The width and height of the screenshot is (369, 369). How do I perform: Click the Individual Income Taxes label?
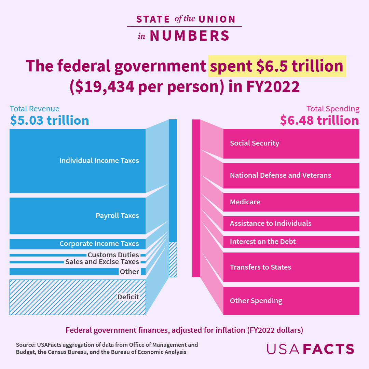(x=99, y=161)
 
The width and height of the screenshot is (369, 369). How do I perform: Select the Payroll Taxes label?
(x=117, y=216)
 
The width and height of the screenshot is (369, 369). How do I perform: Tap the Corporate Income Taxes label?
(x=99, y=244)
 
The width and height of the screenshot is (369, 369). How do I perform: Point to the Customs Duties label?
(x=113, y=255)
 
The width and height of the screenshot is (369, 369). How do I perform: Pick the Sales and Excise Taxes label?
(x=102, y=262)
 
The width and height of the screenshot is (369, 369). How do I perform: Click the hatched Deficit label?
(x=128, y=297)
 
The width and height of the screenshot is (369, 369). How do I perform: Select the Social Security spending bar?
(x=291, y=143)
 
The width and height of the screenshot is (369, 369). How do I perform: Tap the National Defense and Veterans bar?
(x=291, y=176)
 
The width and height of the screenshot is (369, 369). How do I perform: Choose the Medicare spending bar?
(x=291, y=202)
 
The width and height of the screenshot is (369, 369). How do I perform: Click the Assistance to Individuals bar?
(x=291, y=223)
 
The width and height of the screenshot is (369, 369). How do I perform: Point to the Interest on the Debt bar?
(x=291, y=242)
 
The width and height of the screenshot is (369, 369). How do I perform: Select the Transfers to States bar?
(x=291, y=267)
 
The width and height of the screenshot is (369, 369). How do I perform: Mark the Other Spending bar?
(x=291, y=301)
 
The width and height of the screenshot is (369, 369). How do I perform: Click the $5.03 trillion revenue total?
(x=50, y=120)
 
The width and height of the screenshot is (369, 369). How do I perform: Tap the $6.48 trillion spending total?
(x=319, y=120)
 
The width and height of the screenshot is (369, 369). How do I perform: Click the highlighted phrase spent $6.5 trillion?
(x=277, y=66)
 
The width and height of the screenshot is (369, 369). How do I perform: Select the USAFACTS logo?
(x=310, y=349)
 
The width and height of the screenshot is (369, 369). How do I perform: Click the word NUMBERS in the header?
(x=190, y=36)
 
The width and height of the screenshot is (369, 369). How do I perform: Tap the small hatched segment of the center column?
(x=173, y=259)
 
